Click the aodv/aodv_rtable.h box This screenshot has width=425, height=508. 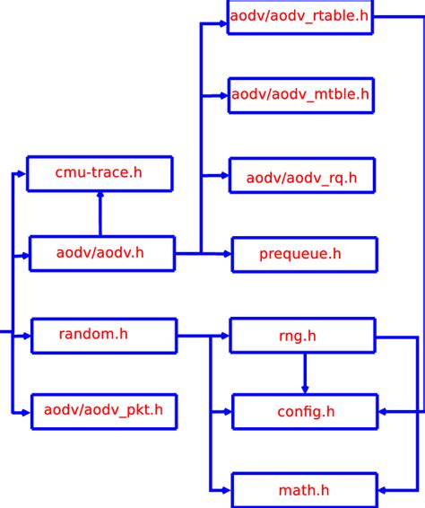click(299, 17)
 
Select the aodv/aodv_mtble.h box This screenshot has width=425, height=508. click(300, 94)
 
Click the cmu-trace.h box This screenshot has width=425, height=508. click(100, 173)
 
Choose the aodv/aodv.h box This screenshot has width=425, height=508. click(101, 254)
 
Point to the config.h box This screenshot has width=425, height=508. click(305, 411)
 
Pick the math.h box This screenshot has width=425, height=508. click(305, 490)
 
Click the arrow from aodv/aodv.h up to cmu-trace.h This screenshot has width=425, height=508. click(100, 215)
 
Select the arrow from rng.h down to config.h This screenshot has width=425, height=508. click(305, 372)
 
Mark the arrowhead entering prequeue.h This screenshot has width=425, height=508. click(226, 254)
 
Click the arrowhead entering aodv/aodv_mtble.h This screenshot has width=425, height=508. click(223, 94)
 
